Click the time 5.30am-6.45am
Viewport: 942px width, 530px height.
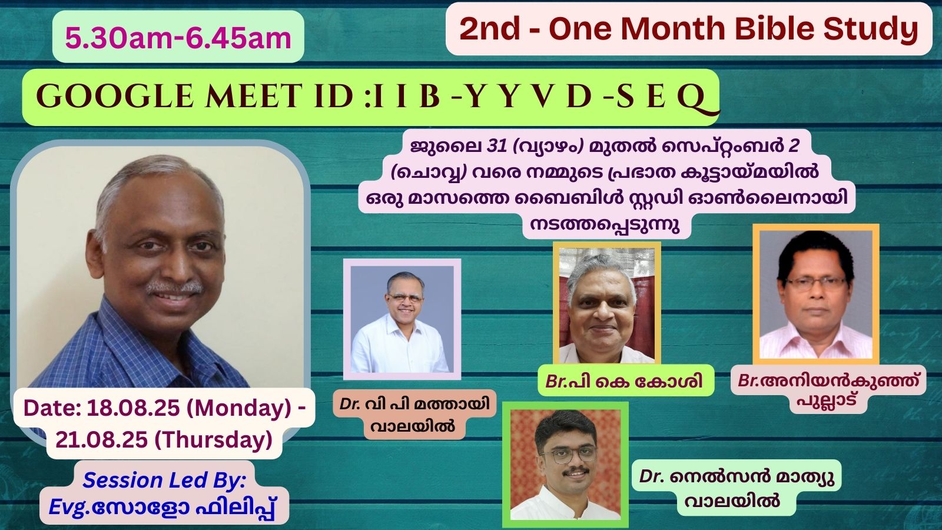(x=178, y=38)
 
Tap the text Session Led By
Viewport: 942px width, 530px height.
(x=164, y=481)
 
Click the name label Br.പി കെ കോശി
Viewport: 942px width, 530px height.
(x=624, y=382)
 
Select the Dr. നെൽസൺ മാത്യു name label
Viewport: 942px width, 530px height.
(x=737, y=476)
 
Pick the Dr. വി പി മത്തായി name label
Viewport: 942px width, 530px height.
(x=414, y=404)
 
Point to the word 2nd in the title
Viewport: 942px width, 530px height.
(x=489, y=29)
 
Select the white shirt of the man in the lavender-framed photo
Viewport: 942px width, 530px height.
(x=400, y=347)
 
